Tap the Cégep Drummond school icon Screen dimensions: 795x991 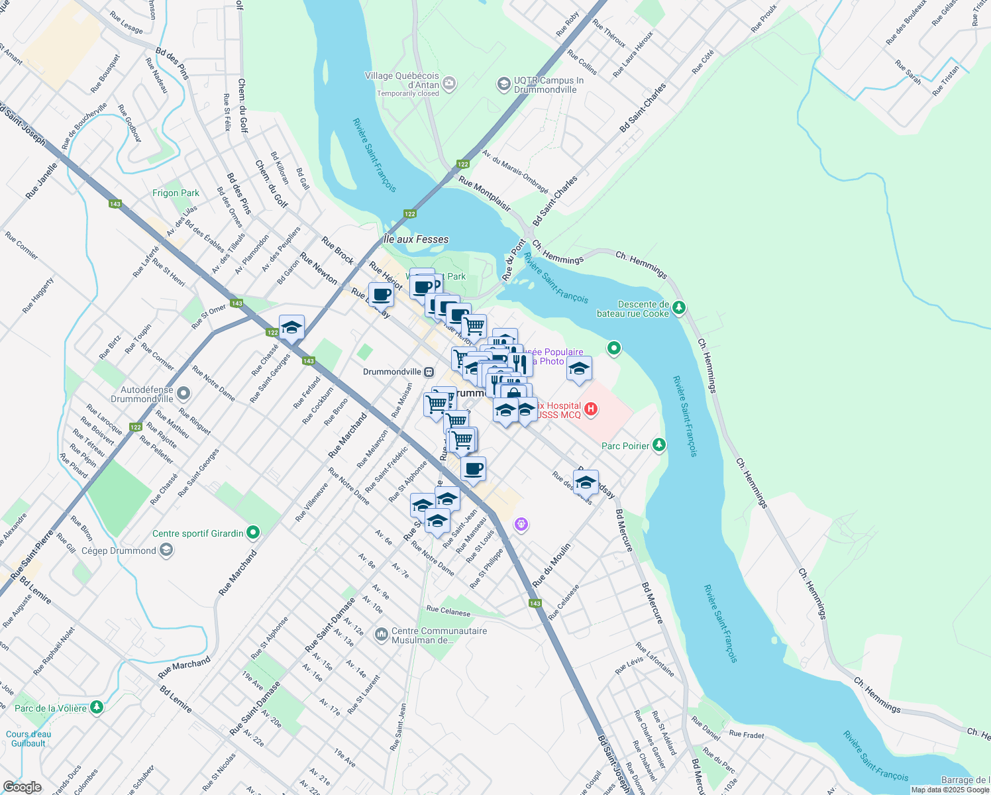[x=166, y=551]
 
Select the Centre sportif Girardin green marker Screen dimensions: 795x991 [x=253, y=533]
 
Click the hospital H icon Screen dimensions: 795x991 [x=591, y=409]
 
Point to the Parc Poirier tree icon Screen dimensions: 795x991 [x=658, y=445]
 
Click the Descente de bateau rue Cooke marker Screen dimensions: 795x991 [x=678, y=308]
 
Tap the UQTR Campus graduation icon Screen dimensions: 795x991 [x=503, y=84]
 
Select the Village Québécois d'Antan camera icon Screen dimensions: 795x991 [x=449, y=83]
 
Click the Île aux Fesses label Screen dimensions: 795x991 [x=416, y=239]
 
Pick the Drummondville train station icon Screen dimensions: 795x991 [x=429, y=372]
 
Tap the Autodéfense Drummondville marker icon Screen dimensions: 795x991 [x=183, y=394]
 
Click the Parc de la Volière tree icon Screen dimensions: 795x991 [x=97, y=708]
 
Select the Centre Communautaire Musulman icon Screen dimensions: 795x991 [x=381, y=635]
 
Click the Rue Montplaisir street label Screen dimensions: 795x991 [x=484, y=193]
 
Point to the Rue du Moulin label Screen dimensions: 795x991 [x=551, y=564]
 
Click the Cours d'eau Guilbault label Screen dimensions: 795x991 [x=28, y=739]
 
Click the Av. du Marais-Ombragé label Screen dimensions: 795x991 [x=515, y=171]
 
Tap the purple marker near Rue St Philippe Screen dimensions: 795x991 [x=521, y=525]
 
